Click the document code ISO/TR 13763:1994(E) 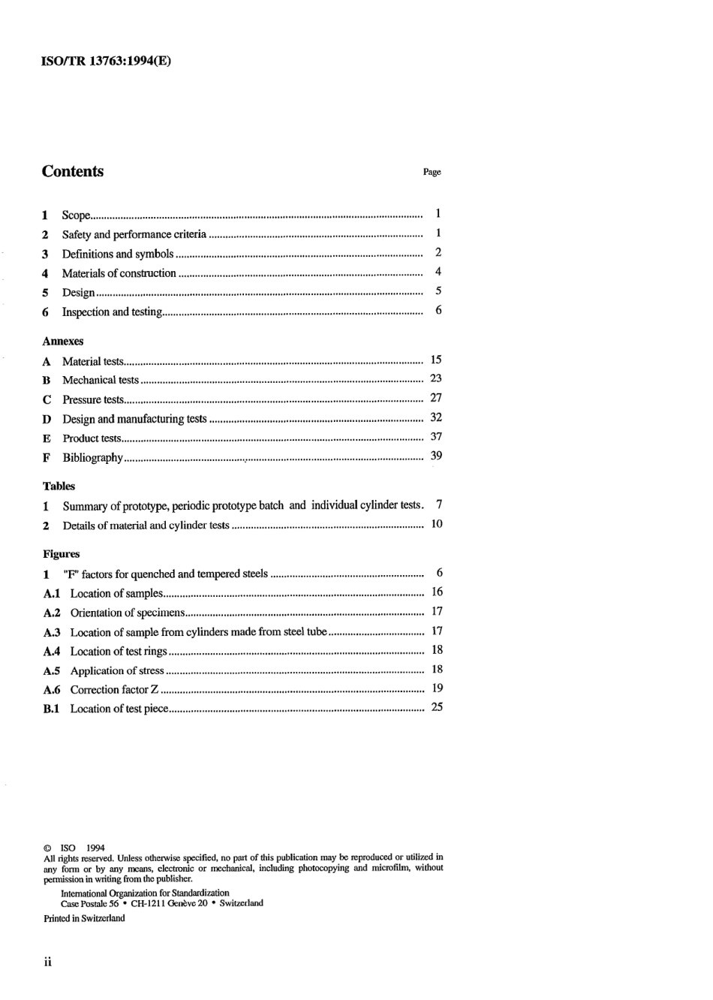(105, 62)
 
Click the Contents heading (73, 171)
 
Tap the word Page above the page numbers (432, 172)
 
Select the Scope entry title (76, 215)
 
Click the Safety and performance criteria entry (134, 234)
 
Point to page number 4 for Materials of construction (438, 272)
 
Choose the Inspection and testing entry (112, 312)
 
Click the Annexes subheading (63, 341)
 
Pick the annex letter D (47, 419)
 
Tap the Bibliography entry (92, 457)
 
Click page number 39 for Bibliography (436, 456)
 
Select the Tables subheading (59, 486)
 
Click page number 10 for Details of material (437, 524)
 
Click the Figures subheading (62, 554)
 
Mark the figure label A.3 (52, 632)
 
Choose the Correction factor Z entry (114, 689)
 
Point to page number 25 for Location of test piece (437, 707)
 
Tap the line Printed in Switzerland (84, 918)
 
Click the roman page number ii (47, 962)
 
